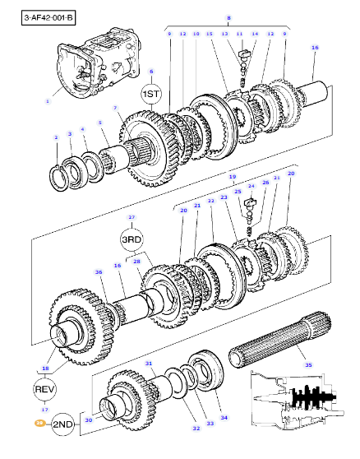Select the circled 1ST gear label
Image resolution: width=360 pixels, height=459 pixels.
pyautogui.click(x=151, y=95)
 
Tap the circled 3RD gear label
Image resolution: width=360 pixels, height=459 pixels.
pyautogui.click(x=132, y=239)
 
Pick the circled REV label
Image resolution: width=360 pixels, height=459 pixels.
pyautogui.click(x=45, y=387)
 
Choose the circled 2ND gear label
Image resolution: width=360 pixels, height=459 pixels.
pyautogui.click(x=62, y=424)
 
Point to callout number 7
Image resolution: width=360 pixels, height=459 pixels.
pyautogui.click(x=115, y=109)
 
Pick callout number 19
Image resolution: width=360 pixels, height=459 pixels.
pyautogui.click(x=232, y=177)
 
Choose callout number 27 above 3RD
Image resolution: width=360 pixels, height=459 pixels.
pyautogui.click(x=132, y=218)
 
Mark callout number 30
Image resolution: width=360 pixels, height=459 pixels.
pyautogui.click(x=89, y=418)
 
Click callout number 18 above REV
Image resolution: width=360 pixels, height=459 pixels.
pyautogui.click(x=45, y=369)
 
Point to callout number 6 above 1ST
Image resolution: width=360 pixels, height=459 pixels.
pyautogui.click(x=151, y=72)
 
